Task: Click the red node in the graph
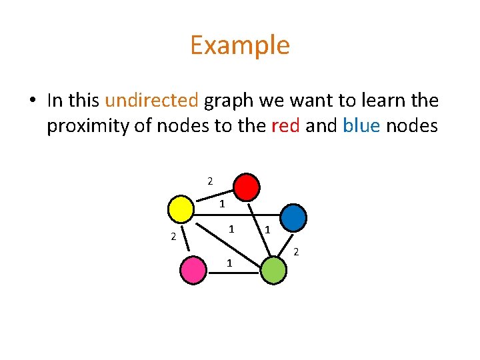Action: pos(247,187)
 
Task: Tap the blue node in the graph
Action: pos(293,217)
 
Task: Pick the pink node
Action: pos(194,270)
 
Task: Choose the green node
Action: pos(273,271)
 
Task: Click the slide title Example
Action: pos(240,45)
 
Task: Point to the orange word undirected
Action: pos(151,101)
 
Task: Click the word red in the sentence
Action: pos(287,125)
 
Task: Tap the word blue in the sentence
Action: pos(361,125)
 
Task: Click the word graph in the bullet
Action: pos(228,101)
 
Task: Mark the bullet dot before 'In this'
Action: pos(32,101)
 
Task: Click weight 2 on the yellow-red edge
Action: pos(210,181)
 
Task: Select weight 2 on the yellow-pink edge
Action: pos(173,236)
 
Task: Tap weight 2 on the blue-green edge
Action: pos(297,251)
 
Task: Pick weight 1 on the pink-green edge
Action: pos(229,263)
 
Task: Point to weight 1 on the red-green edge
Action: pos(267,230)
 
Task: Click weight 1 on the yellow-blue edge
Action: pos(223,204)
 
